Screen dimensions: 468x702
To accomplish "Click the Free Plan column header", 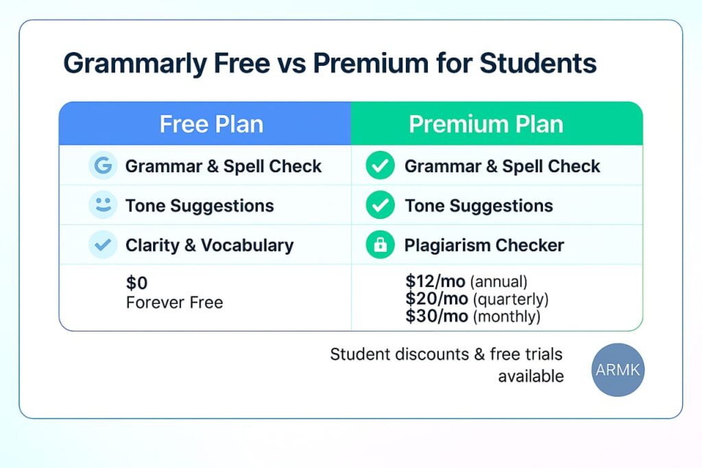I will click(x=211, y=124).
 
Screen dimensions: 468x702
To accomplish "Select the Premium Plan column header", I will click(x=486, y=124).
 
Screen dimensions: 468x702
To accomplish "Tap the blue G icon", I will click(x=103, y=166).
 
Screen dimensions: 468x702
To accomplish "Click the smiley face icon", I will click(x=103, y=205).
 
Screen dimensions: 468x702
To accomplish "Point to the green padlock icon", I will click(x=380, y=245).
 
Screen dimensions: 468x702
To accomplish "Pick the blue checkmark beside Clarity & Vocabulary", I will click(x=103, y=245).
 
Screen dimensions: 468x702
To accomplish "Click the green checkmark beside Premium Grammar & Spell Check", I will click(x=380, y=166).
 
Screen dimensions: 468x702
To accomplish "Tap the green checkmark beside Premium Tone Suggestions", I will click(x=380, y=205).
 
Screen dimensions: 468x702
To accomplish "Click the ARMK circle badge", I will click(x=618, y=370).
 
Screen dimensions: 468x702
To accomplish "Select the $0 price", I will click(x=136, y=283).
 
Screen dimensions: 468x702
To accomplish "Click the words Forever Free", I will click(x=174, y=303).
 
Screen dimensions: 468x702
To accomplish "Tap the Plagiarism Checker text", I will click(x=484, y=245).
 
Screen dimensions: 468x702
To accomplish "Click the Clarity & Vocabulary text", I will click(x=209, y=245).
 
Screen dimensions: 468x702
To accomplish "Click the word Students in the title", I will click(x=537, y=63).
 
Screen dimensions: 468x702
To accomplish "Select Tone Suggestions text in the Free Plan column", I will click(x=199, y=205).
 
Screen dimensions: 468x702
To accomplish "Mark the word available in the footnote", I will click(x=531, y=376).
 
